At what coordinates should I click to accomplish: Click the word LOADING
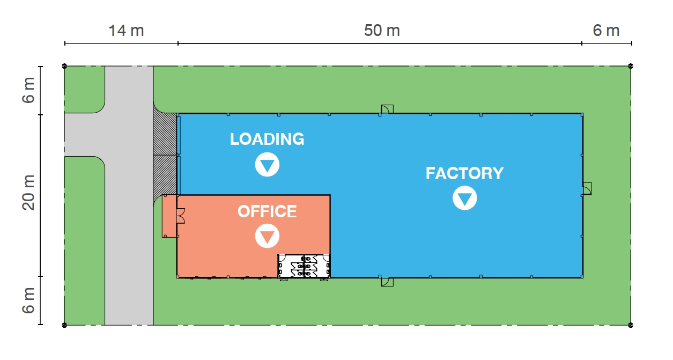point(267,139)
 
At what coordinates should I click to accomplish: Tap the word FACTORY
point(464,173)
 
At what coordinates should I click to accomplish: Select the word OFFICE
point(267,211)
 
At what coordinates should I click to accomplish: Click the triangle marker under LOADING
point(267,164)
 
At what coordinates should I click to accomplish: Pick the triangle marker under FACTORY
point(464,198)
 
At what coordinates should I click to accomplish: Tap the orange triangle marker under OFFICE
point(267,236)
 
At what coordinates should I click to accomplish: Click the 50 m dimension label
point(382,31)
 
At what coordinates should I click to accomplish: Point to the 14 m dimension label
point(126,31)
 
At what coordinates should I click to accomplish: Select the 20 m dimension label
point(28,192)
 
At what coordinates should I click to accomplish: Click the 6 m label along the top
point(606,31)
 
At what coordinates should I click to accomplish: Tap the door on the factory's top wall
point(387,109)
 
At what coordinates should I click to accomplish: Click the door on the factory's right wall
point(587,188)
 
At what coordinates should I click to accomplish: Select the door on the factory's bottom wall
point(387,282)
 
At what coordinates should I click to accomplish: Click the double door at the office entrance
point(181,216)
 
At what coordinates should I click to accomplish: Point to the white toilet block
point(304,266)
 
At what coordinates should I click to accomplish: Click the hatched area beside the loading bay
point(165,156)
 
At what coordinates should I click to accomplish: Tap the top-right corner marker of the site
point(631,66)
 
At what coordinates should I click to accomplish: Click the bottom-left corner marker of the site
point(64,325)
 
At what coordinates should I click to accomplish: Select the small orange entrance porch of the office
point(169,216)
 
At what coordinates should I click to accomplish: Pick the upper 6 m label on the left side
point(28,90)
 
